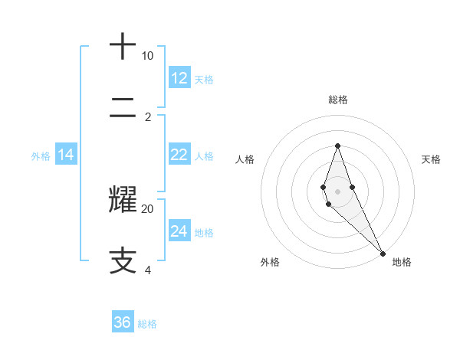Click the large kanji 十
click(x=123, y=47)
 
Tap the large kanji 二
click(x=123, y=109)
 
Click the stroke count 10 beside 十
click(x=147, y=56)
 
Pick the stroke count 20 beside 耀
click(x=147, y=208)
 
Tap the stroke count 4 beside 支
click(x=147, y=270)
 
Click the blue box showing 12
click(x=179, y=77)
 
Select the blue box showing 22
click(x=179, y=155)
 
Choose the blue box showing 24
click(x=179, y=231)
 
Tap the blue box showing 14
click(x=66, y=155)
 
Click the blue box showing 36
click(x=123, y=322)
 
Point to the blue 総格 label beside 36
click(x=147, y=324)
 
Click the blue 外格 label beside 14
click(x=41, y=155)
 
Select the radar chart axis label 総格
click(x=337, y=100)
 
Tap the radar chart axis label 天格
click(x=432, y=159)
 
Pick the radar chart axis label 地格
click(x=402, y=262)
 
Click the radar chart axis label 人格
click(x=245, y=159)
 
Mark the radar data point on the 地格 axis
click(x=383, y=253)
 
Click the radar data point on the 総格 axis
click(x=337, y=146)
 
